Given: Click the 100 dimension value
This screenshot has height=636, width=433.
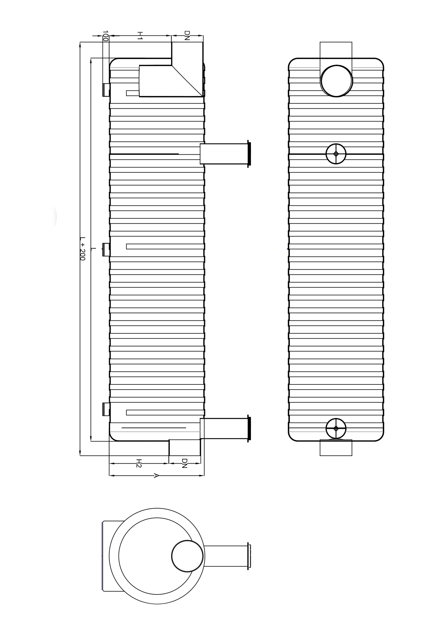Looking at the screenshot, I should (105, 36).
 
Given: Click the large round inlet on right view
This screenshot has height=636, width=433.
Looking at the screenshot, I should (336, 81).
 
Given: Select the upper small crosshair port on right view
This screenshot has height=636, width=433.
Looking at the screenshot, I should (336, 154).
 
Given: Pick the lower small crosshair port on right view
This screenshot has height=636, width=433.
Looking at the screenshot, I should (336, 428).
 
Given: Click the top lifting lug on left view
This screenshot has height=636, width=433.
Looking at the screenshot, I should (106, 90).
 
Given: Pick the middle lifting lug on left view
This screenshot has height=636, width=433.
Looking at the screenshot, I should (106, 250).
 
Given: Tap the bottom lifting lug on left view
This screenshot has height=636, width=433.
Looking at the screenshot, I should (106, 409).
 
